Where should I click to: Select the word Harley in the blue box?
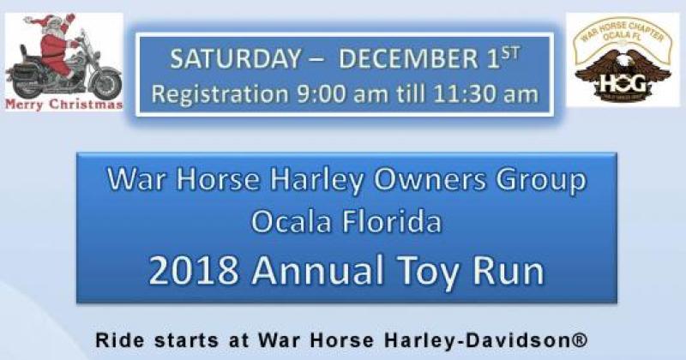[307, 182]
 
